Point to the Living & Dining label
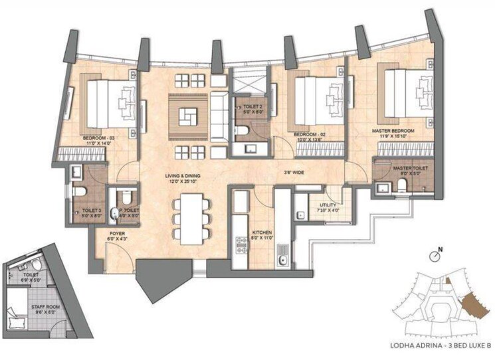click(183, 176)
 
